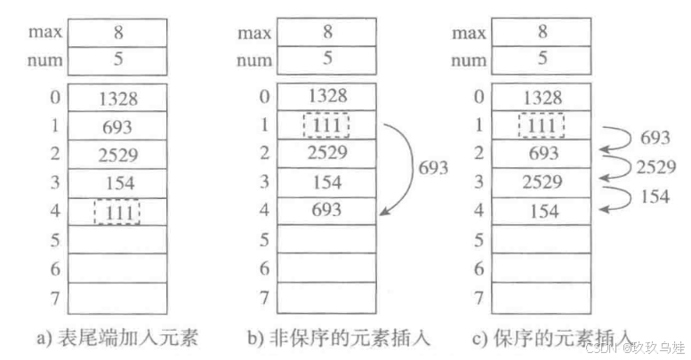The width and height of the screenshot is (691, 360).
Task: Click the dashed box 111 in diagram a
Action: (x=116, y=212)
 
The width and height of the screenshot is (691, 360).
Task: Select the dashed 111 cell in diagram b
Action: (x=326, y=126)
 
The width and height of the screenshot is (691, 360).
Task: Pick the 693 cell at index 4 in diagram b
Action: (x=327, y=212)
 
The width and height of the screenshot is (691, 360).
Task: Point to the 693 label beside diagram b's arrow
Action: (x=433, y=168)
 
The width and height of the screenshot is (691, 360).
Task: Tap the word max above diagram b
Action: (x=253, y=33)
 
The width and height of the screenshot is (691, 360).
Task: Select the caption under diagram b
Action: (x=328, y=338)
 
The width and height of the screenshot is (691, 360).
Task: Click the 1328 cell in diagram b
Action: (x=327, y=97)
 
